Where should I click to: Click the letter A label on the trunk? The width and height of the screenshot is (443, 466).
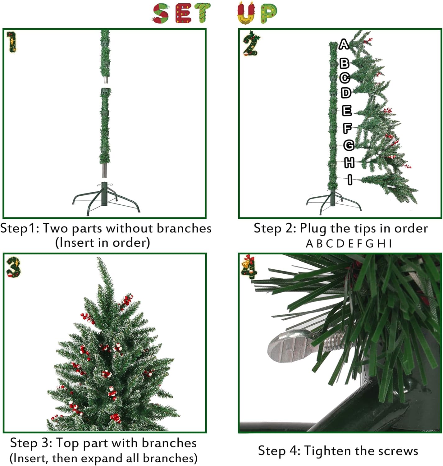(x=344, y=44)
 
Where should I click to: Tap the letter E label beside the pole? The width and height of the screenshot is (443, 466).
(x=347, y=111)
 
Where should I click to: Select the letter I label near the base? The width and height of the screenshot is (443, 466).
(x=350, y=180)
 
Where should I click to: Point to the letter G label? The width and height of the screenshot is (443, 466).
(x=349, y=145)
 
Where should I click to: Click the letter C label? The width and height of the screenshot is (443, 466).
(x=345, y=78)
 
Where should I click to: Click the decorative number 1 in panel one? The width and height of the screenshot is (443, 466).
(x=12, y=42)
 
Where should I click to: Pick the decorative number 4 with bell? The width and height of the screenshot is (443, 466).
(x=249, y=267)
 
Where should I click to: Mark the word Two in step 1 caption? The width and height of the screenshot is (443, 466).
(x=56, y=228)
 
